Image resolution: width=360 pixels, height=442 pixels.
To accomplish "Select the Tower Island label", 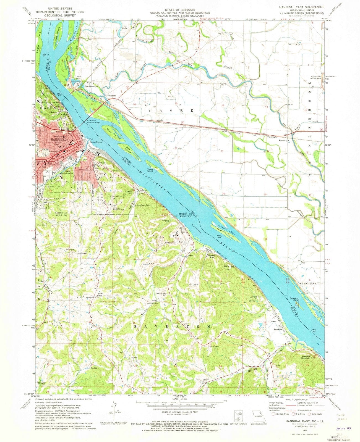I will [x=150, y=170].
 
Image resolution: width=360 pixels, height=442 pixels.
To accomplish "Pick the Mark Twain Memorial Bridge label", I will [x=93, y=122].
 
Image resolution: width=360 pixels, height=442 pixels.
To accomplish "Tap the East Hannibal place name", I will [x=91, y=86].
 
